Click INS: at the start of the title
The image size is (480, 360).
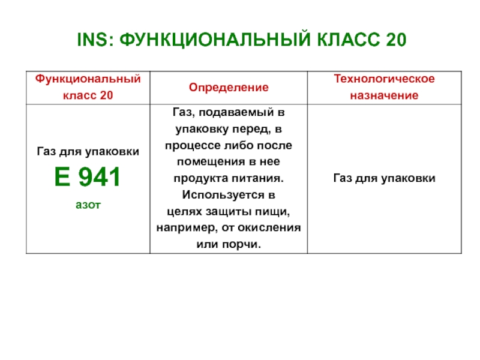click(x=95, y=40)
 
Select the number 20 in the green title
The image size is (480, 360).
click(x=396, y=40)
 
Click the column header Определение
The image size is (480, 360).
click(x=229, y=88)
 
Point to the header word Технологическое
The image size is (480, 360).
click(x=384, y=79)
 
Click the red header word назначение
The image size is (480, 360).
click(x=384, y=95)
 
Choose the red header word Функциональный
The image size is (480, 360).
click(x=88, y=79)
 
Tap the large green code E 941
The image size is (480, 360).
click(x=87, y=177)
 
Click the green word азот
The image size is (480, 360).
click(x=88, y=205)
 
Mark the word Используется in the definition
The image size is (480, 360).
click(x=223, y=195)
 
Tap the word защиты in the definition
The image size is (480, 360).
click(x=226, y=212)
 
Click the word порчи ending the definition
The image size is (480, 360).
click(x=241, y=245)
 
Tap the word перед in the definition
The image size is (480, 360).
click(x=251, y=130)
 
